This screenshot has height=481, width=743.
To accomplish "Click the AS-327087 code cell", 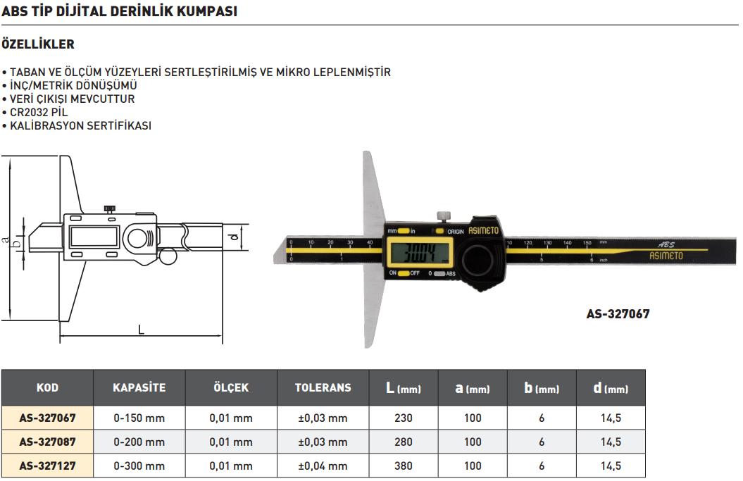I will click(47, 442).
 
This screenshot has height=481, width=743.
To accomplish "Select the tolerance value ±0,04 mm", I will click(323, 466).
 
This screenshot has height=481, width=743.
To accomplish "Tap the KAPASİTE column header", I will click(139, 388).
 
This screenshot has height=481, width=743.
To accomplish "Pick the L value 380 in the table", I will click(404, 466).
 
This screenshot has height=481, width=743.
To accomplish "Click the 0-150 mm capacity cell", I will click(139, 418).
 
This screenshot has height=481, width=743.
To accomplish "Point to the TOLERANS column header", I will click(323, 388).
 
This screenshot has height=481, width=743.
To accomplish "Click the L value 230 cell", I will click(404, 418).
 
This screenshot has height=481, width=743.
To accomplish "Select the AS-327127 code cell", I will click(47, 466).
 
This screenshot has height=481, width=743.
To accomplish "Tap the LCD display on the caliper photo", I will click(420, 252).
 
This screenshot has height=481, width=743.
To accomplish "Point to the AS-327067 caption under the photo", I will click(618, 314).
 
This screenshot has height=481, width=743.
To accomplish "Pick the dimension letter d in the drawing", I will click(233, 237).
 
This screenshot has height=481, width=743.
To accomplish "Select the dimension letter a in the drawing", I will click(6, 240).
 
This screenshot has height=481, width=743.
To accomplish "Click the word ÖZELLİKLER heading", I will click(38, 44).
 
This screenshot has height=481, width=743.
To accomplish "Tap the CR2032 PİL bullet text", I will click(39, 113).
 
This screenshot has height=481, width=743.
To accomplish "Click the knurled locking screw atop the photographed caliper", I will click(443, 216).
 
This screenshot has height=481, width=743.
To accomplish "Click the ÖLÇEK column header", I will click(231, 388).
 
